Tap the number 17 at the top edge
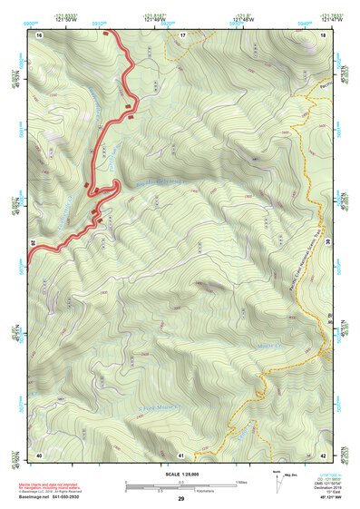pos(181,34)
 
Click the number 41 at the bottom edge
pos(181,454)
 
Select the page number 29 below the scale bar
pos(180,500)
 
